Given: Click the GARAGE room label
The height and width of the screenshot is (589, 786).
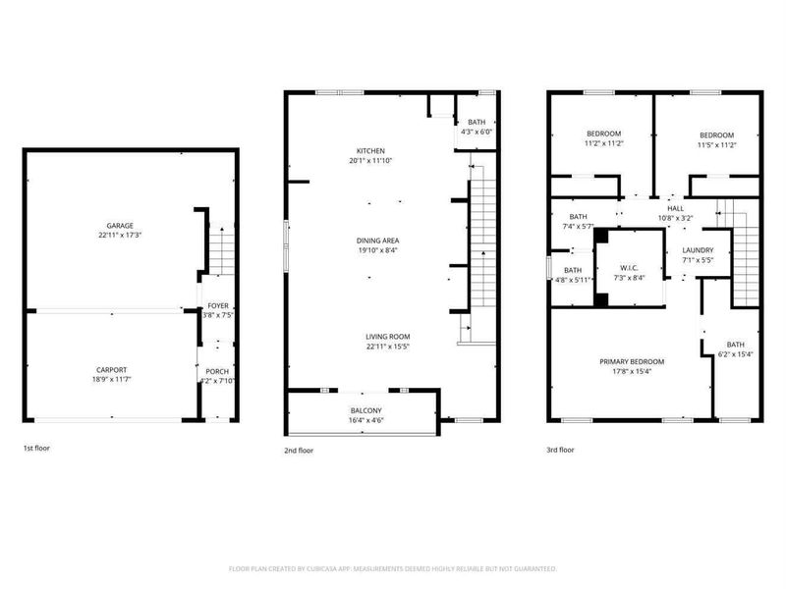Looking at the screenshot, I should click(x=120, y=225).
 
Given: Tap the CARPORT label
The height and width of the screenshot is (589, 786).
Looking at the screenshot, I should click(x=111, y=369).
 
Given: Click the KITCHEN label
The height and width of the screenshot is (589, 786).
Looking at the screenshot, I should click(x=370, y=150).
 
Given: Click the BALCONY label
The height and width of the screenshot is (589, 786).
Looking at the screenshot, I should click(x=365, y=409).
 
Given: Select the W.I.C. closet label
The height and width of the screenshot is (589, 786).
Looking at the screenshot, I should click(x=630, y=267).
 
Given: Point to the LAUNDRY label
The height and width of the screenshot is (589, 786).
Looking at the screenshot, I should click(x=698, y=250).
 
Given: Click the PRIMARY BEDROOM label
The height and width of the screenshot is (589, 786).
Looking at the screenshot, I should click(x=632, y=361).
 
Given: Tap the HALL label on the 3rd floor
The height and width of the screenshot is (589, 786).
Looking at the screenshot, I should click(x=675, y=208).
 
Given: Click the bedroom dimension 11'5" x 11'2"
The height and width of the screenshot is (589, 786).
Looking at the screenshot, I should click(x=716, y=144).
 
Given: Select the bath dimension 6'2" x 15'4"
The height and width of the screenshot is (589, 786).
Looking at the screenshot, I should click(x=735, y=353).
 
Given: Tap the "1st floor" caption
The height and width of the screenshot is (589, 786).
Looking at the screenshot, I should click(x=36, y=449).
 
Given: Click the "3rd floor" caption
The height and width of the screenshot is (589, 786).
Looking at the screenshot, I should click(x=560, y=450).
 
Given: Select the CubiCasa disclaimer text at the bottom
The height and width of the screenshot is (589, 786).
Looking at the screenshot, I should click(x=393, y=568).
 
